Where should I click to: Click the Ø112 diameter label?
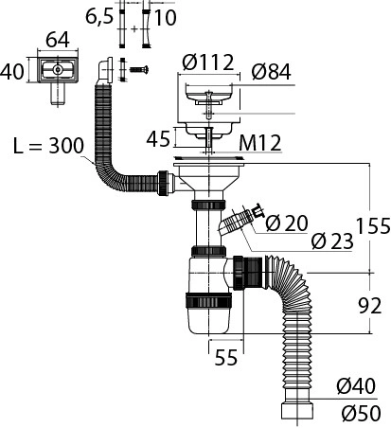pyautogui.click(x=208, y=62)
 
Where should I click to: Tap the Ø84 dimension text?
pyautogui.click(x=271, y=72)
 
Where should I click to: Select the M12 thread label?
pyautogui.click(x=260, y=143)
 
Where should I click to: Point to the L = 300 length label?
pyautogui.click(x=49, y=146)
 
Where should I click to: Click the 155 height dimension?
pyautogui.click(x=373, y=225)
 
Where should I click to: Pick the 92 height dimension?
pyautogui.click(x=370, y=306)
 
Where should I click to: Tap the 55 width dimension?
pyautogui.click(x=226, y=357)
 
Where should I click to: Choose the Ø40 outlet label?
pyautogui.click(x=356, y=386)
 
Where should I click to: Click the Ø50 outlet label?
pyautogui.click(x=361, y=413)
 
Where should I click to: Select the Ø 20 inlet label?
pyautogui.click(x=287, y=223)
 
